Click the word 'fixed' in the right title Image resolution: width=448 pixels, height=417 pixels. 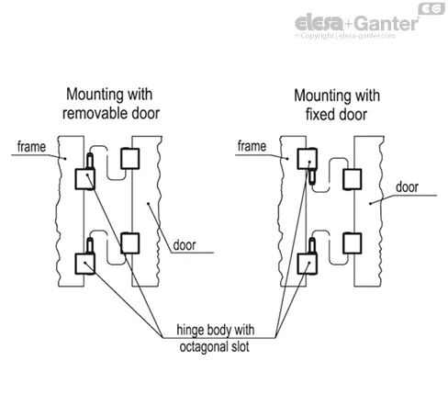[x=318, y=115]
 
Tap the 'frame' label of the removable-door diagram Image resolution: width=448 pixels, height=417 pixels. [x=31, y=147]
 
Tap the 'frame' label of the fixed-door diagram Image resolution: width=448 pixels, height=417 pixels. [x=252, y=146]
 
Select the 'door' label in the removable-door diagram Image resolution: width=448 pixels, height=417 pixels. [x=185, y=245]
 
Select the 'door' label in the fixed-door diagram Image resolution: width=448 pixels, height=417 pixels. [x=407, y=187]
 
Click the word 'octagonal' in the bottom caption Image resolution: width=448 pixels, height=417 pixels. [x=202, y=347]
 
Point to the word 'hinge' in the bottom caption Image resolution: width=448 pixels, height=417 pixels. [x=190, y=330]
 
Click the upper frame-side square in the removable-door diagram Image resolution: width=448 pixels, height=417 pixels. [x=85, y=179]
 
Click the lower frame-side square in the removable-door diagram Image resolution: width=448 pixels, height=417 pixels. [x=85, y=264]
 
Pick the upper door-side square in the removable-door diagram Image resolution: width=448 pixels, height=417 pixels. [x=130, y=159]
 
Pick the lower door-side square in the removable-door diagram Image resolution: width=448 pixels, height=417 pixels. [x=130, y=243]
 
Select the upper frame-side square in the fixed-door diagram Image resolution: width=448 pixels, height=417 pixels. [x=308, y=159]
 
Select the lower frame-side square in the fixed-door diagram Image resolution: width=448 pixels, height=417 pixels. [x=308, y=264]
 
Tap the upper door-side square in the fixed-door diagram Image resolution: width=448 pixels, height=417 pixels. [x=353, y=179]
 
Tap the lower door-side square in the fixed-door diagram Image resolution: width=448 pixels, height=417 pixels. [x=353, y=243]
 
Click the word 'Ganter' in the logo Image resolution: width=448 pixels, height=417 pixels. [x=386, y=24]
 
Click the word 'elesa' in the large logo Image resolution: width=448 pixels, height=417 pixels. [x=319, y=22]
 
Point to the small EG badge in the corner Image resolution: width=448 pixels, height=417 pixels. [x=431, y=9]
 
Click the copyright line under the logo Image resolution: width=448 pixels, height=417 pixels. [x=345, y=36]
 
